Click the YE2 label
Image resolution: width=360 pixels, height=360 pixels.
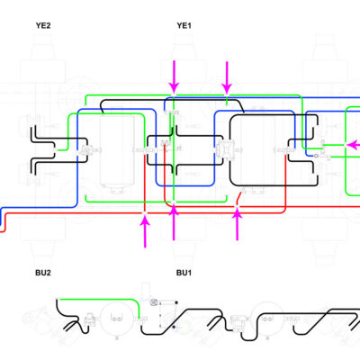[43, 25]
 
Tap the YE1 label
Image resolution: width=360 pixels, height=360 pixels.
[184, 25]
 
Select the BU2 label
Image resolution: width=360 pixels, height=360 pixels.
[43, 273]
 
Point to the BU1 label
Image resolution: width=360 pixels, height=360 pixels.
[184, 273]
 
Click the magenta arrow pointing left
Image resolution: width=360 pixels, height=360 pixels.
[354, 145]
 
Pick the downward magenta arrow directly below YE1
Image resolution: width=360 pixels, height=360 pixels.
[174, 76]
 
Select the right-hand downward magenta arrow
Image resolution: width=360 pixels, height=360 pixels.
[227, 77]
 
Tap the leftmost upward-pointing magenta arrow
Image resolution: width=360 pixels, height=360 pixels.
[145, 231]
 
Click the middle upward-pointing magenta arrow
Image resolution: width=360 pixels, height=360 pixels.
[174, 223]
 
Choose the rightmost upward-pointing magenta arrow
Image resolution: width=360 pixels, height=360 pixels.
[238, 224]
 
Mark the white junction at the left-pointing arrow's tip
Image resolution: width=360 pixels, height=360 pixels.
[346, 145]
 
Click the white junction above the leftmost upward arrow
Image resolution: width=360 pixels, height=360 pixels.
[145, 212]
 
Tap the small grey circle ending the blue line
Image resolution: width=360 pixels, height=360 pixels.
[316, 156]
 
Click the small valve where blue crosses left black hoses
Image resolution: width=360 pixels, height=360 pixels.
[86, 149]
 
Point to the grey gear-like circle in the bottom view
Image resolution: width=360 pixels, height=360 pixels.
[154, 302]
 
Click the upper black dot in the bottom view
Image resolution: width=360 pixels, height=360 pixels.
[176, 302]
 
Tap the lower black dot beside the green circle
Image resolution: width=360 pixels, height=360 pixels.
[175, 327]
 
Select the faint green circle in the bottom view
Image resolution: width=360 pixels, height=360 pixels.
[184, 327]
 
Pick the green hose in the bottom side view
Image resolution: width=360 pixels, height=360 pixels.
[99, 299]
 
